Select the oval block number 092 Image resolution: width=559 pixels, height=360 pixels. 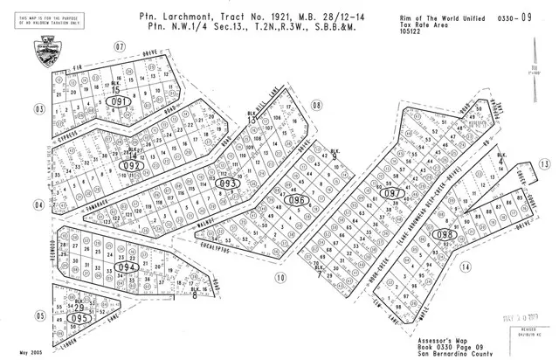pyautogui.click(x=134, y=163)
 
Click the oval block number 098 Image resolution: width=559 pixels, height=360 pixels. pyautogui.click(x=444, y=234)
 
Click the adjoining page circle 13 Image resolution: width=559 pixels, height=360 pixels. pyautogui.click(x=543, y=164)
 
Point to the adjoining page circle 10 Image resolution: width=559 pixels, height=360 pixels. pyautogui.click(x=280, y=278)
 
